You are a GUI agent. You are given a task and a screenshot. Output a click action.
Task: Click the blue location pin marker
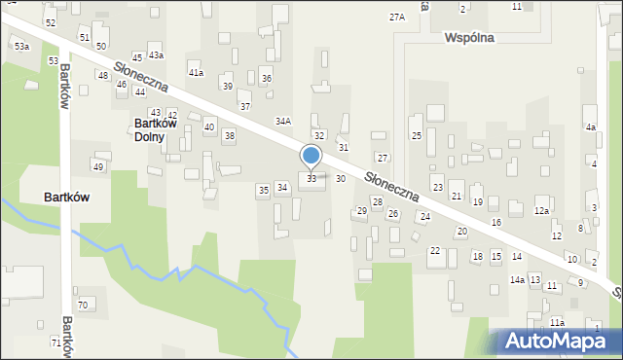[x=311, y=157]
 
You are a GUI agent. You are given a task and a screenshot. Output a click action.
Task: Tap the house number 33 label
[x=311, y=179]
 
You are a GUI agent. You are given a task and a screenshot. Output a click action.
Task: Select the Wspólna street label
[x=469, y=38]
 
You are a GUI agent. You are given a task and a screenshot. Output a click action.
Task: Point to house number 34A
[x=283, y=122]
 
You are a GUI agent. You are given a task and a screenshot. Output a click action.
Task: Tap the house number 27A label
[x=396, y=18]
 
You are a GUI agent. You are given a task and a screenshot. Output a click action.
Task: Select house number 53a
[x=21, y=47]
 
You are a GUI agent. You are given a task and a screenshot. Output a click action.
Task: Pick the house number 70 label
[x=83, y=306]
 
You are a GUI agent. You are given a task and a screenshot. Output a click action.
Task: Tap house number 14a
[x=517, y=280]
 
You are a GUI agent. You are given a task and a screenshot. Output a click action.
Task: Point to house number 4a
[x=590, y=127]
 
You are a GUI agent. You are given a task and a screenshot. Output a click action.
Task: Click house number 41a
[x=196, y=73]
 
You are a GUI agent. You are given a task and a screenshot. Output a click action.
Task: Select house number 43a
[x=156, y=55]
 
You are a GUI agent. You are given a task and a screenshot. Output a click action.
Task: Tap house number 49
[x=98, y=167]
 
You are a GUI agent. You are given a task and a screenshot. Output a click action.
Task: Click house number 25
[x=416, y=136]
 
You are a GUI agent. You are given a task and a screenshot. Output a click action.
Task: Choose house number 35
[x=263, y=190]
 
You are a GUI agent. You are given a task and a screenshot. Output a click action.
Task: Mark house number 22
[x=435, y=251]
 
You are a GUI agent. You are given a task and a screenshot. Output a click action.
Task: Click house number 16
[x=496, y=223]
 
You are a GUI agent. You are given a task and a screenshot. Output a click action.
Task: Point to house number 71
[x=55, y=343]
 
